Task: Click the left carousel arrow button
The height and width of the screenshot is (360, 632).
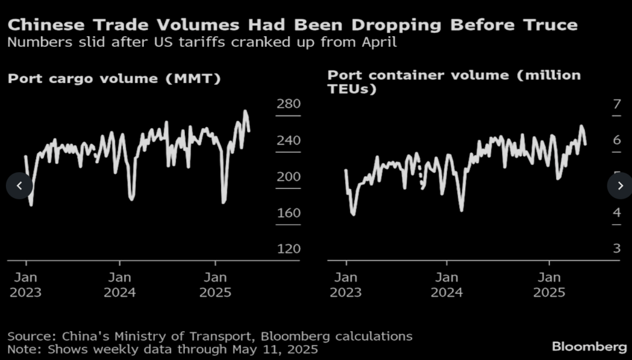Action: point(19,186)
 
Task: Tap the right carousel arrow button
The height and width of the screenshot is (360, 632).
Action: point(620,186)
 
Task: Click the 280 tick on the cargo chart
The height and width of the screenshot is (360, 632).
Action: point(288,104)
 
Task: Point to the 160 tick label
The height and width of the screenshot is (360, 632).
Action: point(288,213)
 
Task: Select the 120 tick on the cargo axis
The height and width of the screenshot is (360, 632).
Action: point(288,249)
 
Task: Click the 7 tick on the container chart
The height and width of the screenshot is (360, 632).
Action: point(616,105)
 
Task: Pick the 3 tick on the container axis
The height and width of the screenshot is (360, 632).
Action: point(616,249)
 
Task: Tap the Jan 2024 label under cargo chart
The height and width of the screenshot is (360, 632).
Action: point(119,284)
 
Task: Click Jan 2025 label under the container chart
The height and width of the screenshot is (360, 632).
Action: point(549,284)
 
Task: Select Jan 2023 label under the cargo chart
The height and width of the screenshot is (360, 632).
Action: point(25,284)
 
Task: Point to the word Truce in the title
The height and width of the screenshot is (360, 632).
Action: point(549,25)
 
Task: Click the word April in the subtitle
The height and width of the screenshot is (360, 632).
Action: point(377,43)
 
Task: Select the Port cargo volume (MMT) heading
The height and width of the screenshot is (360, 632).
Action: point(114,78)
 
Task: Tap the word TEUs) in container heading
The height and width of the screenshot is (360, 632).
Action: point(351,89)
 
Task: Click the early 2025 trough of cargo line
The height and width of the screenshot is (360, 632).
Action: point(224,203)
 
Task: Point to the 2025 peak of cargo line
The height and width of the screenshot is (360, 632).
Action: point(245,111)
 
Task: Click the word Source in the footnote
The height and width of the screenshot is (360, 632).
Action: point(26,336)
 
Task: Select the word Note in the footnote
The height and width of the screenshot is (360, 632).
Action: point(21,349)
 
